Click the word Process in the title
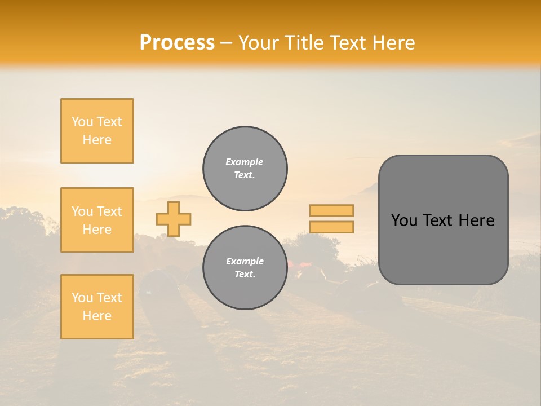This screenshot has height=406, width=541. tap(177, 43)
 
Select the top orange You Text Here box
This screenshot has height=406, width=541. tap(97, 131)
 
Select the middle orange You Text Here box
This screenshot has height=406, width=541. tap(97, 220)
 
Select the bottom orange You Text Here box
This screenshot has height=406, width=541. tap(97, 307)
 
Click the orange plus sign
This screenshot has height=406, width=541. tap(174, 219)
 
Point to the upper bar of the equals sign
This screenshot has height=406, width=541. tap(332, 210)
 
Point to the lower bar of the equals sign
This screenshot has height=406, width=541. tap(332, 227)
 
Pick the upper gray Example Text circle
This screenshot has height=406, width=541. tap(245, 169)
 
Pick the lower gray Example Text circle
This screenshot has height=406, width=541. tap(245, 268)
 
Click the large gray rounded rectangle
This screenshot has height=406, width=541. tap(443, 220)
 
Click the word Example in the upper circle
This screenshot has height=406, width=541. tap(244, 162)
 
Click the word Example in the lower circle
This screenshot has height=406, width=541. tap(244, 261)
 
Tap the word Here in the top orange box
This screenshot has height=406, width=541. tap(97, 140)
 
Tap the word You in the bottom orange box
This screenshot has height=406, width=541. tap(82, 298)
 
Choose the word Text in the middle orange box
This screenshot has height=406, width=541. tap(109, 211)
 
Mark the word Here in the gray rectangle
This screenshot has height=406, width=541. tap(476, 220)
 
